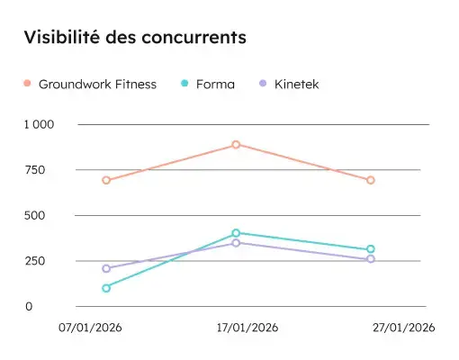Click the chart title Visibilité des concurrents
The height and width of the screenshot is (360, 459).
coord(135,38)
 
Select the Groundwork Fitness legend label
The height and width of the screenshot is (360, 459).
coord(97,85)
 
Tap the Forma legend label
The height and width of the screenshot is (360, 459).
coord(214,85)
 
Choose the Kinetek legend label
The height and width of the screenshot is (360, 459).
coord(296,85)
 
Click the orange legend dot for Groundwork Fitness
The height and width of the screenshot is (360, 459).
coord(27,84)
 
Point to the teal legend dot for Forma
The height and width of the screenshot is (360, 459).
coord(184,84)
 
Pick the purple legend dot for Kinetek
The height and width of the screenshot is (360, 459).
coord(262,84)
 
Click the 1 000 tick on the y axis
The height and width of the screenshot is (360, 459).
coord(40,124)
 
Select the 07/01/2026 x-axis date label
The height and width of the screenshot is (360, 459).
coord(90,328)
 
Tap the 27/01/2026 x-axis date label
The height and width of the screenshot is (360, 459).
coord(403,328)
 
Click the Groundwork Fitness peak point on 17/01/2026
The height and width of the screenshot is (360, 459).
coord(236,144)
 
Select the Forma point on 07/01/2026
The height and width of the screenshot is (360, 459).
coord(106,288)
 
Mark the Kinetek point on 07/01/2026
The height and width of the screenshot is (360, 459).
coord(106,268)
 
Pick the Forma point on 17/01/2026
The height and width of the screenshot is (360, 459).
coord(236,233)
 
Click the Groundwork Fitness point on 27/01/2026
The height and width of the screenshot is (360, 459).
coord(370,180)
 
